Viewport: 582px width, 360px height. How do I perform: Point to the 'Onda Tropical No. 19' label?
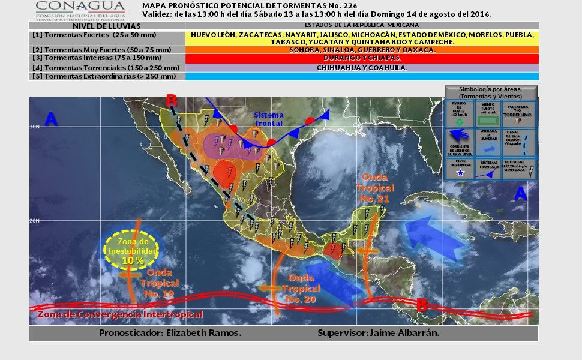pyautogui.click(x=159, y=283)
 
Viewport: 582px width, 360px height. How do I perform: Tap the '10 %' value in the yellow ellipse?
pyautogui.click(x=133, y=260)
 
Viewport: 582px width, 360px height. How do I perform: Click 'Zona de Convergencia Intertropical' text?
pyautogui.click(x=120, y=314)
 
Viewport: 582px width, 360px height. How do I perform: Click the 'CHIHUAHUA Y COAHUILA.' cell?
pyautogui.click(x=362, y=68)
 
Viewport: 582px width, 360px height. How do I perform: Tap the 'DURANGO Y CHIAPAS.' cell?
pyautogui.click(x=362, y=59)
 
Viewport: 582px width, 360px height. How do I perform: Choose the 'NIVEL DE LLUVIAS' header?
pyautogui.click(x=107, y=26)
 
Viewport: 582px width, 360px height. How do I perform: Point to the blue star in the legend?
pyautogui.click(x=461, y=173)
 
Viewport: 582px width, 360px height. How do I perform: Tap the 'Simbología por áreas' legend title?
pyautogui.click(x=491, y=92)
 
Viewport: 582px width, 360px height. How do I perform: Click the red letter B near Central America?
pyautogui.click(x=422, y=305)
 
